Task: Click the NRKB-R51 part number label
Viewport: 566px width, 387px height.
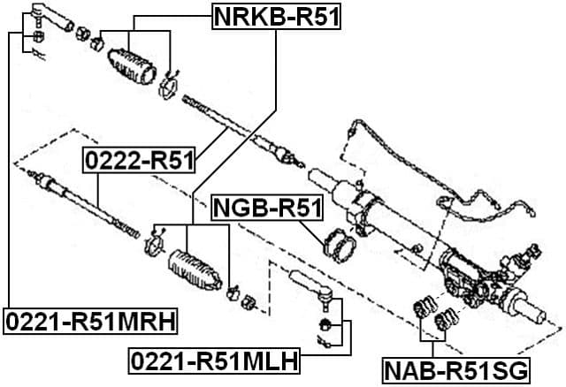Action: (277, 15)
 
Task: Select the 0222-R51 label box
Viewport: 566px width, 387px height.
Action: (140, 161)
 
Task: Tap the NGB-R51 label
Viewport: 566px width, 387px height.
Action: (268, 209)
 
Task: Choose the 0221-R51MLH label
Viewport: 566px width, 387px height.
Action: (213, 360)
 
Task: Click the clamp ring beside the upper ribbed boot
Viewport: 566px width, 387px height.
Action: (169, 87)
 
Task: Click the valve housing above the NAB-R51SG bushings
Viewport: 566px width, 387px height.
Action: (469, 274)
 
